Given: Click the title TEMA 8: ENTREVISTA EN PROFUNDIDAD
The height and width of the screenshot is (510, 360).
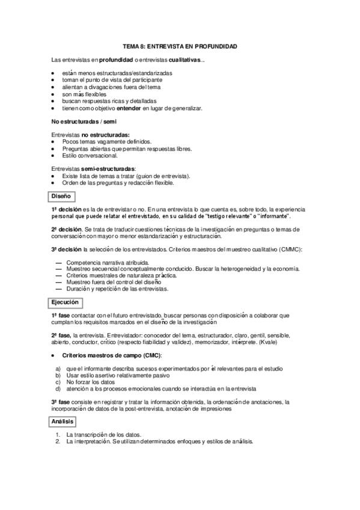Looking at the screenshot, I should click(x=180, y=46).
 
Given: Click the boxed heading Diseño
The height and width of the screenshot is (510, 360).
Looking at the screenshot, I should click(x=61, y=195).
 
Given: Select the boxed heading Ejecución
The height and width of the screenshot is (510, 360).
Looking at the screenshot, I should click(x=65, y=303).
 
